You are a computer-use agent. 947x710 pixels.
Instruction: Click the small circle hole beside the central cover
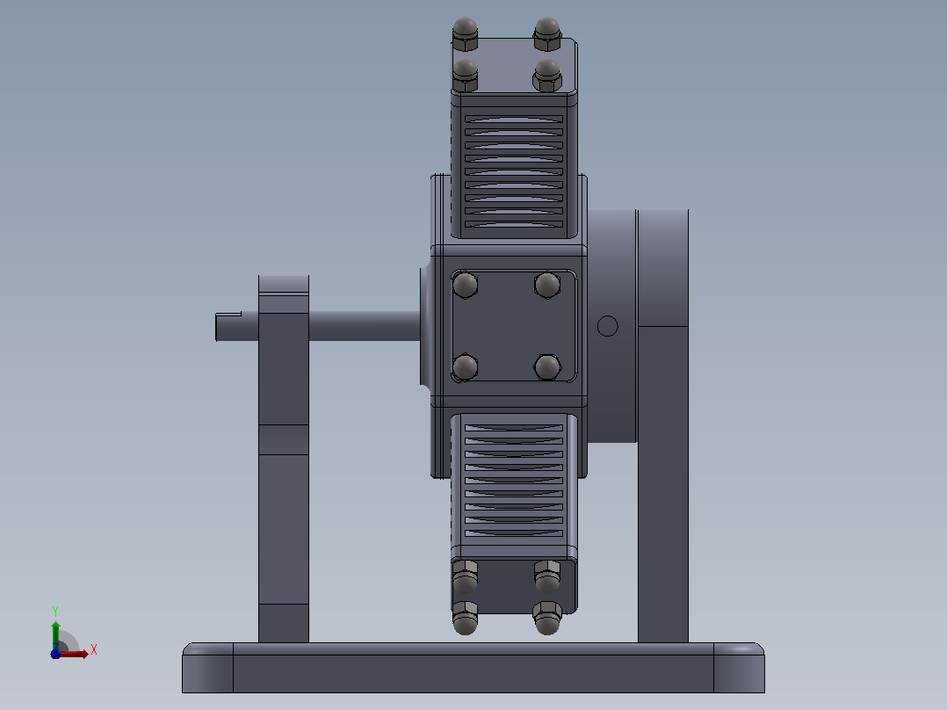[608, 326]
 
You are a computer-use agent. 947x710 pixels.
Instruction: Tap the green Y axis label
[55, 611]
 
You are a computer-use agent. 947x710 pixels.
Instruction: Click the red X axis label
[94, 649]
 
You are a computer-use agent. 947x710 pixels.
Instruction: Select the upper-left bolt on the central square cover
[465, 286]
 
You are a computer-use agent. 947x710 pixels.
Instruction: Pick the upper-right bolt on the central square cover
[547, 286]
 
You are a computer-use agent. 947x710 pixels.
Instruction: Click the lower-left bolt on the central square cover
[465, 366]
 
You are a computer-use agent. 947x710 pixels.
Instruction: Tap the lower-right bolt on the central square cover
[547, 366]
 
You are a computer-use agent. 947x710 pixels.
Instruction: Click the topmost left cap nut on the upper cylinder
[465, 34]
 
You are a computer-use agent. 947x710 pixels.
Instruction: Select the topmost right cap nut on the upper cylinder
[547, 34]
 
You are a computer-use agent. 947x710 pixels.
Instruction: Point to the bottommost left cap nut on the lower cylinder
[465, 618]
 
